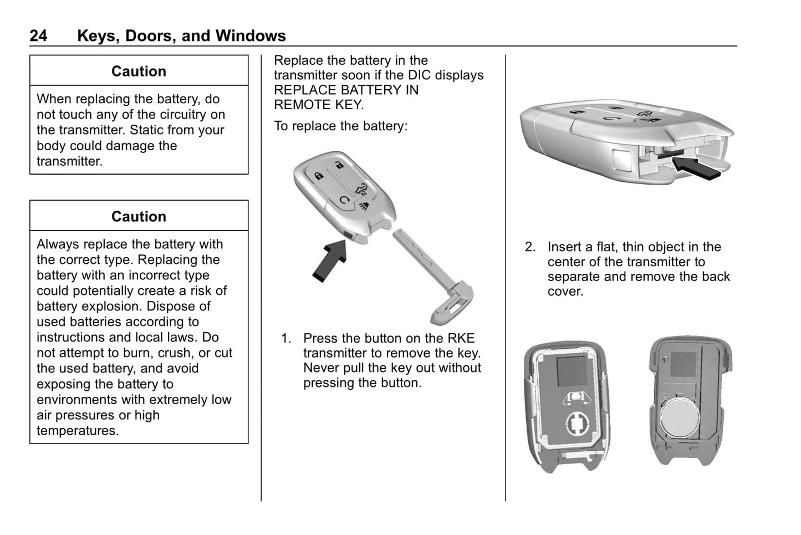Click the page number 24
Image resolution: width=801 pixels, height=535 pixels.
(x=38, y=36)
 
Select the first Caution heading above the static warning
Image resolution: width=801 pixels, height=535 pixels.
(x=139, y=72)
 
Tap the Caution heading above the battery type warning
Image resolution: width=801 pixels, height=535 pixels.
(x=139, y=217)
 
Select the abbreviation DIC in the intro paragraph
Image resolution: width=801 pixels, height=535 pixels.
(x=420, y=75)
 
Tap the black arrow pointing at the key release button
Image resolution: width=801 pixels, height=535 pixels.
(x=331, y=259)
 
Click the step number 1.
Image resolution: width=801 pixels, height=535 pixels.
(x=286, y=339)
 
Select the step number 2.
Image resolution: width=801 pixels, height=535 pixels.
(x=530, y=247)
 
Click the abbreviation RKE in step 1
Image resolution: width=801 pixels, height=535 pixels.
(x=461, y=339)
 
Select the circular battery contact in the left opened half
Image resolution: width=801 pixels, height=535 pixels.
(x=579, y=424)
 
